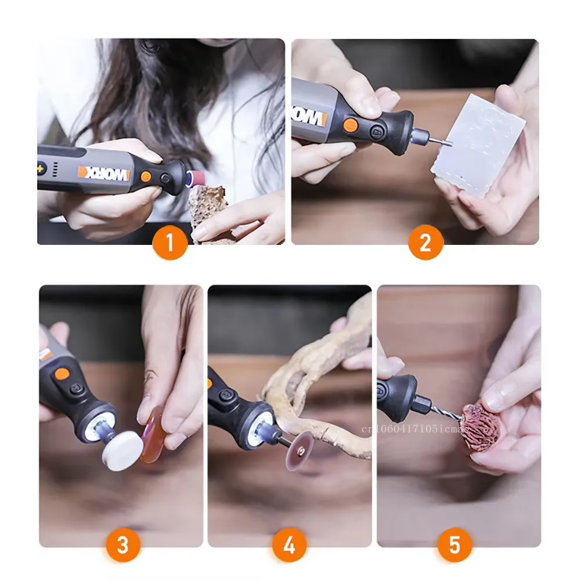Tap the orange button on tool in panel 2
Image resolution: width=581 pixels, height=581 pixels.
coord(349,125)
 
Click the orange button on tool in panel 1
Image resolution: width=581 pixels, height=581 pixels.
coord(147,176)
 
